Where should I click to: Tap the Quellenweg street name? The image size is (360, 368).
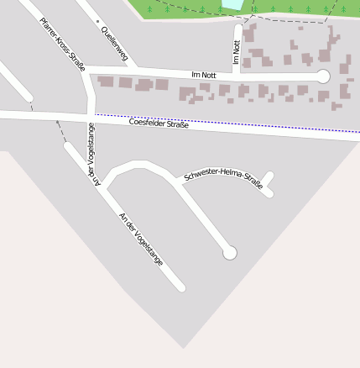113,44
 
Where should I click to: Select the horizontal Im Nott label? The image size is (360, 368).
204,75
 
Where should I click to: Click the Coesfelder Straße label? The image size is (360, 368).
159,124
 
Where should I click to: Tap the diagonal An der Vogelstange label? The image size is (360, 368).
140,239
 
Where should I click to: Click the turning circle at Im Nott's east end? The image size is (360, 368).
323,76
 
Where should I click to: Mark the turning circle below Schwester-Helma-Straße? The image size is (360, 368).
229,252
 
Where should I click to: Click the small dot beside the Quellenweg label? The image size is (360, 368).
97,21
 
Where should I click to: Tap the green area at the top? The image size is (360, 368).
294,8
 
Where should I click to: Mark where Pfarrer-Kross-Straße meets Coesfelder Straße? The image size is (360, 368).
91,115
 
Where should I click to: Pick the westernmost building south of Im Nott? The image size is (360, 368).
106,81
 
